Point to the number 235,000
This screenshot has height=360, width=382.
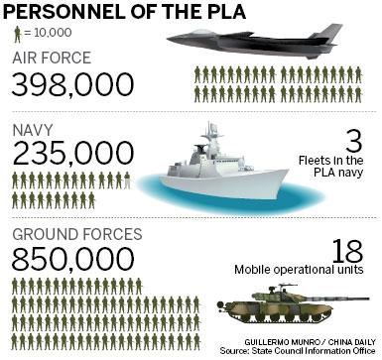[72, 154]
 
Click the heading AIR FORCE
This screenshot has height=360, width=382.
[56, 58]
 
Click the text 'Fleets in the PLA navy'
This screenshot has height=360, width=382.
[342, 166]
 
